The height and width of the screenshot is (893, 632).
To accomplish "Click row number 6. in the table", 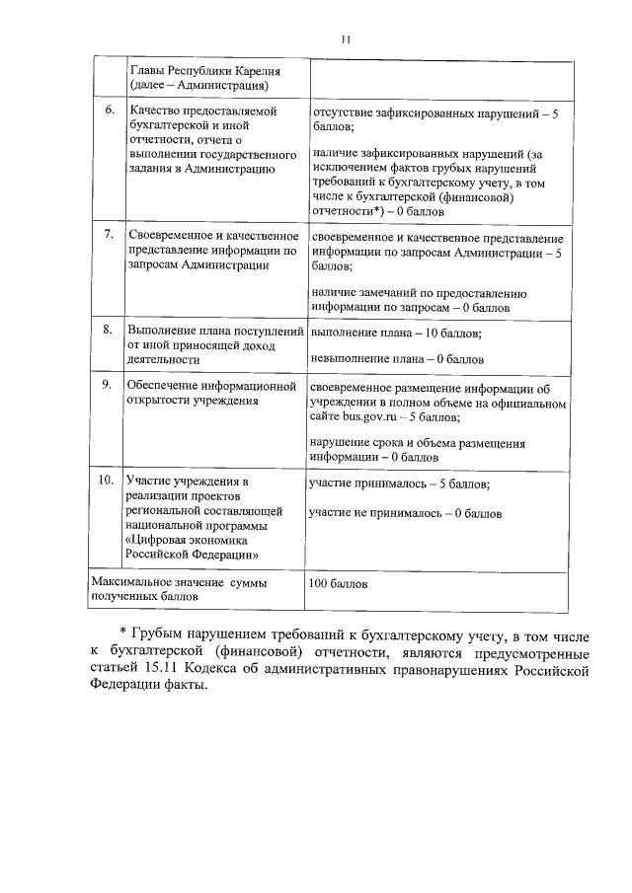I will [x=109, y=111].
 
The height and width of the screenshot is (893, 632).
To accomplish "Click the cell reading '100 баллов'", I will [x=339, y=583].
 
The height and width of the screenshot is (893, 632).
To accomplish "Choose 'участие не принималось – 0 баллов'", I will [x=405, y=514].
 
